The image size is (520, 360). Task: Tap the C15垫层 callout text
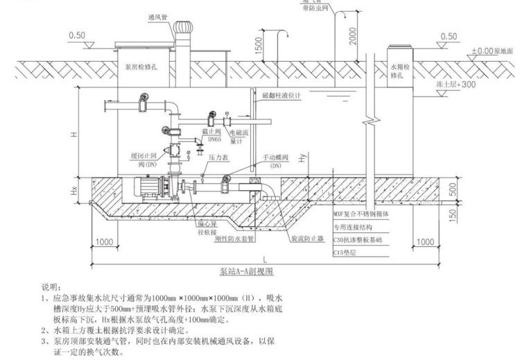346,250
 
